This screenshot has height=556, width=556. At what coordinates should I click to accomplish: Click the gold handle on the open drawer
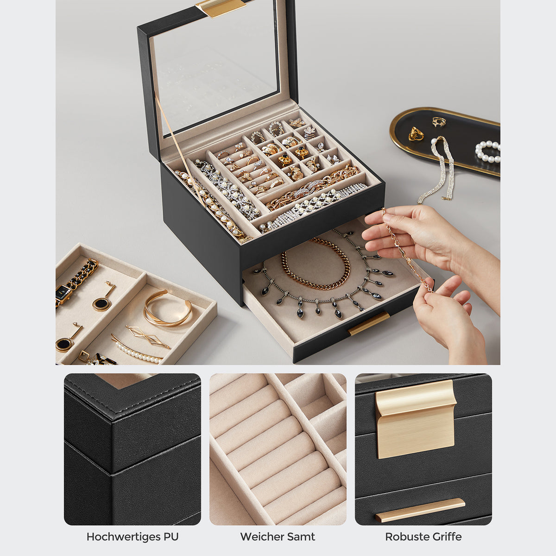pyautogui.click(x=369, y=323)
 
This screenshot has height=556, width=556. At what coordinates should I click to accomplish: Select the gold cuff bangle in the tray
pyautogui.click(x=167, y=308)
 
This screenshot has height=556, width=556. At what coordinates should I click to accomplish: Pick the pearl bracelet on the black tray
pyautogui.click(x=487, y=151)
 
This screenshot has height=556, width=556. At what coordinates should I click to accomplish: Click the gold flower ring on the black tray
pyautogui.click(x=416, y=133)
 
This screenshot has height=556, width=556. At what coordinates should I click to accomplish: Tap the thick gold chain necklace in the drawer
pyautogui.click(x=316, y=263)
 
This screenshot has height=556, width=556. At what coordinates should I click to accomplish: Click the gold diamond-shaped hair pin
pyautogui.click(x=148, y=336)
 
